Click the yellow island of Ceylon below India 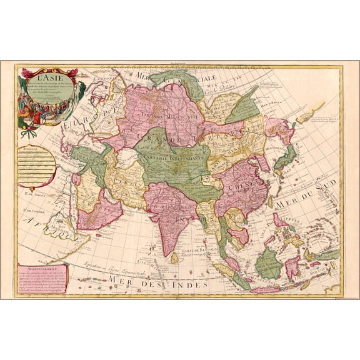pyautogui.click(x=174, y=257)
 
